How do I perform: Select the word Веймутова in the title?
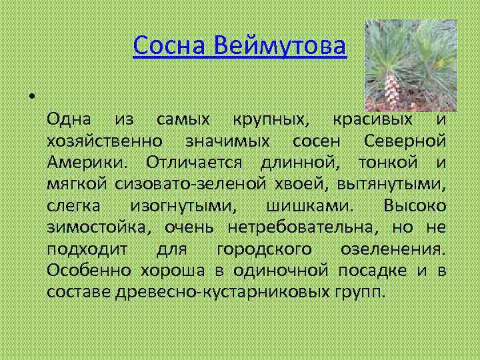pyautogui.click(x=281, y=47)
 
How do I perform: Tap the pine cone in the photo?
pyautogui.click(x=393, y=87)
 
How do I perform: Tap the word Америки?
pyautogui.click(x=89, y=163)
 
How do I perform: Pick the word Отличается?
pyautogui.click(x=193, y=163)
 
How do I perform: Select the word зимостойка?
pyautogui.click(x=97, y=227)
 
